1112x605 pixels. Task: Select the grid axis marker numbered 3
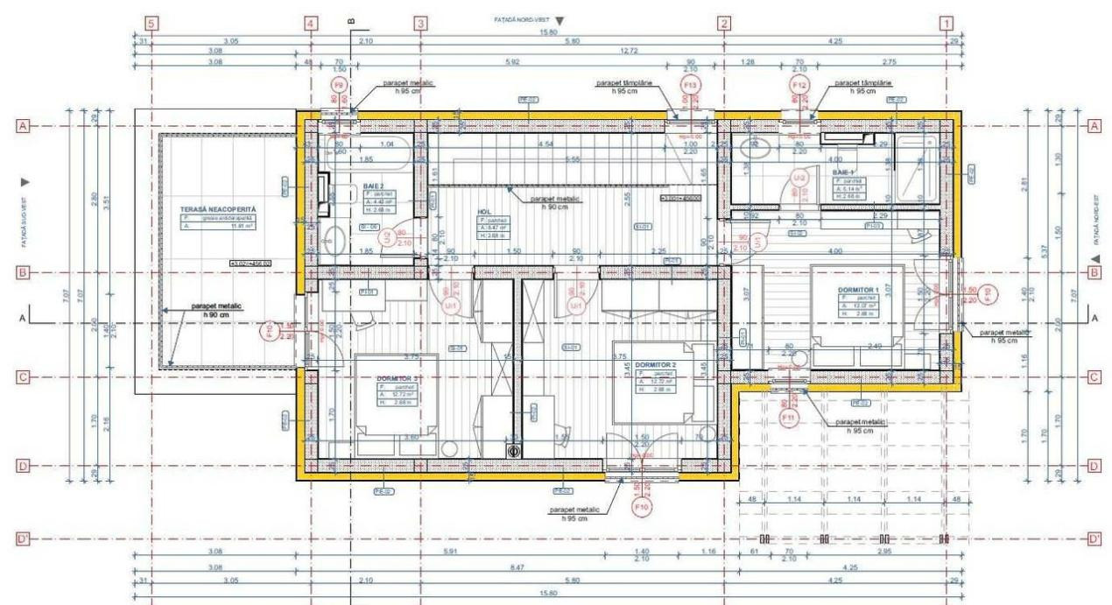(x=421, y=24)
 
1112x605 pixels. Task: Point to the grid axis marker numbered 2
(x=724, y=24)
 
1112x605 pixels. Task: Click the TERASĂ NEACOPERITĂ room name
(x=216, y=211)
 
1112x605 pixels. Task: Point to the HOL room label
(x=483, y=211)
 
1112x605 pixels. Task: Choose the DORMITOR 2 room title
(x=657, y=364)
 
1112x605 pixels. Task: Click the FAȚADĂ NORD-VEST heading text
(x=523, y=18)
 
